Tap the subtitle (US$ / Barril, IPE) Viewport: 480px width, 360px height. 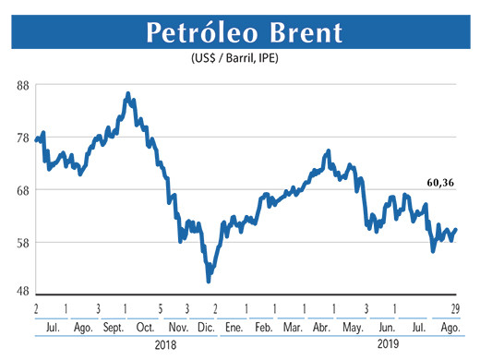click(239, 61)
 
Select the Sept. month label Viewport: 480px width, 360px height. click(113, 328)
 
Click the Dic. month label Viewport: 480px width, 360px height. click(208, 328)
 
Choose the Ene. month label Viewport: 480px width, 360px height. click(234, 328)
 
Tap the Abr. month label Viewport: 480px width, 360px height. click(322, 328)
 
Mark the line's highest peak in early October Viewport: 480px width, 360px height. click(127, 93)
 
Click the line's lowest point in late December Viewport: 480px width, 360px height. click(209, 280)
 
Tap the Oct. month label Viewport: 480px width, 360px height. click(145, 328)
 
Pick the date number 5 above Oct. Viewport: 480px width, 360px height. click(160, 308)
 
